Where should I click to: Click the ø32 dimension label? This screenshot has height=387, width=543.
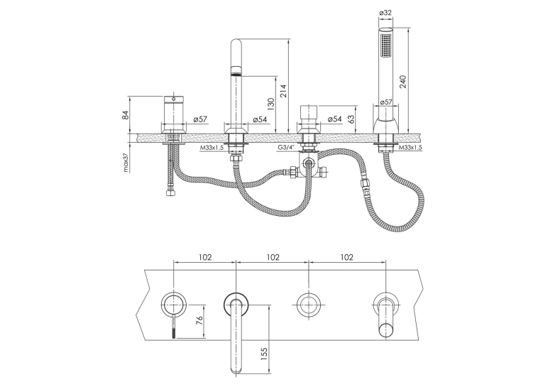[385, 13]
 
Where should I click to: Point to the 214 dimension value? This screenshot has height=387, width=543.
[284, 91]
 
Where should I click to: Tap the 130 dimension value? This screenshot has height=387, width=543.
[271, 104]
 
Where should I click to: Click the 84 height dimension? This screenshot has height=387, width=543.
[126, 115]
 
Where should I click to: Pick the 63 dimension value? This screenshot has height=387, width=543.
[351, 120]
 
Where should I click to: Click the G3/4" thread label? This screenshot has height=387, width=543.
[286, 147]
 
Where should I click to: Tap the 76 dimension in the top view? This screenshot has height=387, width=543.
[199, 321]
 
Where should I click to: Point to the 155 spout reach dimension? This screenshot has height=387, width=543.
[264, 354]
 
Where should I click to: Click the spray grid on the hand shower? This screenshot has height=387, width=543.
[386, 45]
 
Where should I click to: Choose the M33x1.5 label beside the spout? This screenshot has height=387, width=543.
[212, 148]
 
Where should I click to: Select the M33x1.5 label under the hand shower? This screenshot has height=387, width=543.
[411, 147]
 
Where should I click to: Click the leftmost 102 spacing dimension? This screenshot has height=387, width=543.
[204, 257]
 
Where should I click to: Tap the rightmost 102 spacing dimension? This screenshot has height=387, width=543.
[347, 257]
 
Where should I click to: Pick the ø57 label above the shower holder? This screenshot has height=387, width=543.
[386, 102]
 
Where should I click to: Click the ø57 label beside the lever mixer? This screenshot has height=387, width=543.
[200, 119]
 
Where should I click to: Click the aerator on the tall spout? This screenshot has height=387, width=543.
[236, 73]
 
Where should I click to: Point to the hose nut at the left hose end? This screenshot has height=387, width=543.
[170, 193]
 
